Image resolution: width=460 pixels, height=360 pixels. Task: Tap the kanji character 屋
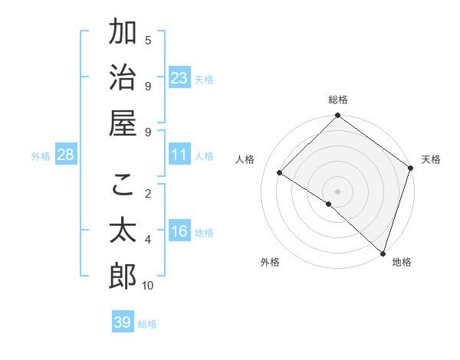tap(123, 123)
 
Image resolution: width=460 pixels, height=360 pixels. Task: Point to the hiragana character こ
tap(123, 185)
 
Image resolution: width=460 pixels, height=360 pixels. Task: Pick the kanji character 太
tap(123, 231)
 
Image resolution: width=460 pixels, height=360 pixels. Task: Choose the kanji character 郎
tap(123, 277)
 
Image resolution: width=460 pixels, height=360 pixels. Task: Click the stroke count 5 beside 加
tap(148, 40)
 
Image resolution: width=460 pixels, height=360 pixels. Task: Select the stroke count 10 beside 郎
tap(148, 286)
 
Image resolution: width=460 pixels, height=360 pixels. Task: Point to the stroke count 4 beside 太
tap(148, 240)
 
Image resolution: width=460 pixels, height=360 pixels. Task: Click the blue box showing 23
tap(179, 78)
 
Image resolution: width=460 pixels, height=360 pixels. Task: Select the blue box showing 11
tap(179, 155)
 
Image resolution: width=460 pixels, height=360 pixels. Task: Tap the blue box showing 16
tap(179, 231)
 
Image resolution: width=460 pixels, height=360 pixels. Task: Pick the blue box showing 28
tap(66, 155)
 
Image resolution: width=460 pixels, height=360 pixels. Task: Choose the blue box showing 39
tap(123, 322)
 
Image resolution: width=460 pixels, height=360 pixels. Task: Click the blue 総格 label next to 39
tap(148, 324)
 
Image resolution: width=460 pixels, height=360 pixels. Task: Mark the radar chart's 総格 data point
tap(337, 116)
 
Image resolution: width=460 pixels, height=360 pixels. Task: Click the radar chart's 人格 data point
tap(281, 173)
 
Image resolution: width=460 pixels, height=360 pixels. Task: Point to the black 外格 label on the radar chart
tap(270, 262)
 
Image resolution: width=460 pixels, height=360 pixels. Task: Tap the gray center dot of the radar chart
tap(337, 191)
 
